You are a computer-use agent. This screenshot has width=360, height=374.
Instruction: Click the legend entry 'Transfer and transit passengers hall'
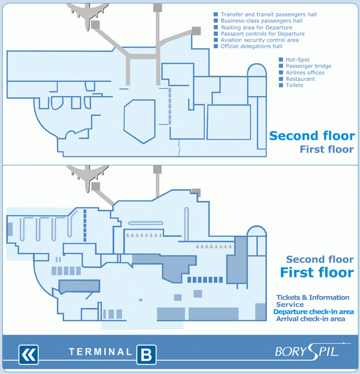coord(269,14)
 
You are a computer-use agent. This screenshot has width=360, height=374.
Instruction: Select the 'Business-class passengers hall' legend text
coord(262,21)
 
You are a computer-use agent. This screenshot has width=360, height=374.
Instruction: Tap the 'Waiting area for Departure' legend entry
coord(257,28)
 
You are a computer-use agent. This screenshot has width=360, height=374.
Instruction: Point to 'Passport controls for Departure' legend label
coord(262,34)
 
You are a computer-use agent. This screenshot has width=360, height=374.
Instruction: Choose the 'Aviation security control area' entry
coord(260,40)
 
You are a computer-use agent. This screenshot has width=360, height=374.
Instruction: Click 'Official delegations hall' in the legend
coord(251,46)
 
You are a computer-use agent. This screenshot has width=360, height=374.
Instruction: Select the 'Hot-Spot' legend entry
coord(298,59)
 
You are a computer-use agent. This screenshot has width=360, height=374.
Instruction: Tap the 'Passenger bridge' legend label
coord(308,66)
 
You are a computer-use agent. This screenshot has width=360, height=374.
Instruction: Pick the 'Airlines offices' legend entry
coord(305,73)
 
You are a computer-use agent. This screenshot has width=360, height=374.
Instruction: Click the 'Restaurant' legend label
coord(301,79)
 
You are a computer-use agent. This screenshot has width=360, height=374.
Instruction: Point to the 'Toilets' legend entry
coord(295,85)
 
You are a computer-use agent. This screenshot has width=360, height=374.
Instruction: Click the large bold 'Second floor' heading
coord(312,136)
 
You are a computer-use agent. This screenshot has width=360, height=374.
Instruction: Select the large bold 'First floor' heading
coord(317,273)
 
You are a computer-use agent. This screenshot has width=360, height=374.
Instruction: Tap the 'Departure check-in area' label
coord(314,312)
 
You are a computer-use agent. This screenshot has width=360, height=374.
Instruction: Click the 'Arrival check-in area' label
coord(311,319)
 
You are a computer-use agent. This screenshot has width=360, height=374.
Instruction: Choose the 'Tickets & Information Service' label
coord(313,301)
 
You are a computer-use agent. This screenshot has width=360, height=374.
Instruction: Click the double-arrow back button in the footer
coord(28,355)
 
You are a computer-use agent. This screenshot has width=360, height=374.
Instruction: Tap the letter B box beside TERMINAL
coord(146,355)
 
